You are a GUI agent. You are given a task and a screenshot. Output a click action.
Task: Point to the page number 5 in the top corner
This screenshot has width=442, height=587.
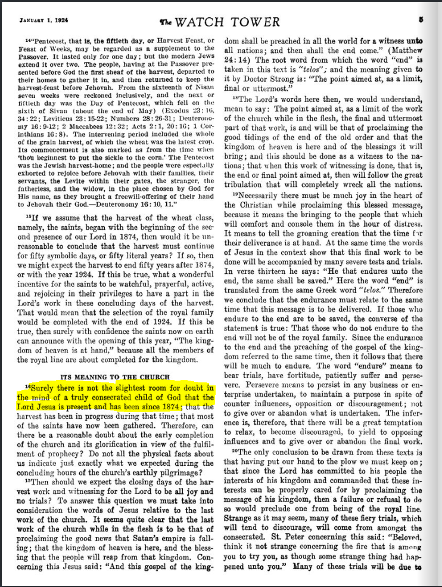pos(420,18)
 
